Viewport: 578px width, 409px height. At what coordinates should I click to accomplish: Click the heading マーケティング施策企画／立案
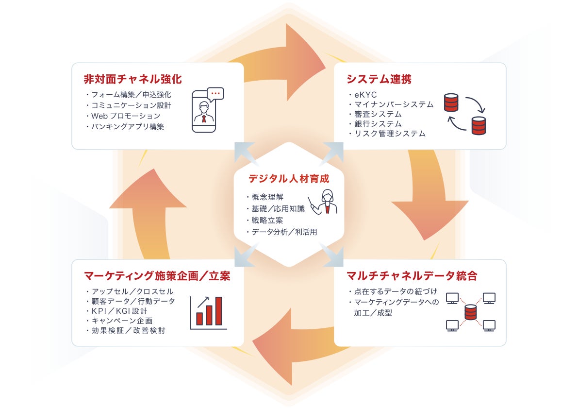pos(157,276)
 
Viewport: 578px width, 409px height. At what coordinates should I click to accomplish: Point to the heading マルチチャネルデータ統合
pos(412,276)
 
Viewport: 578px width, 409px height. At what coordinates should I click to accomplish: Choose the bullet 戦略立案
pos(264,220)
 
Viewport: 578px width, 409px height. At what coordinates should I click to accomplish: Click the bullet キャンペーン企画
pos(122,321)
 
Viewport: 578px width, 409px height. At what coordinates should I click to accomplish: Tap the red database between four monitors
pos(470,312)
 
